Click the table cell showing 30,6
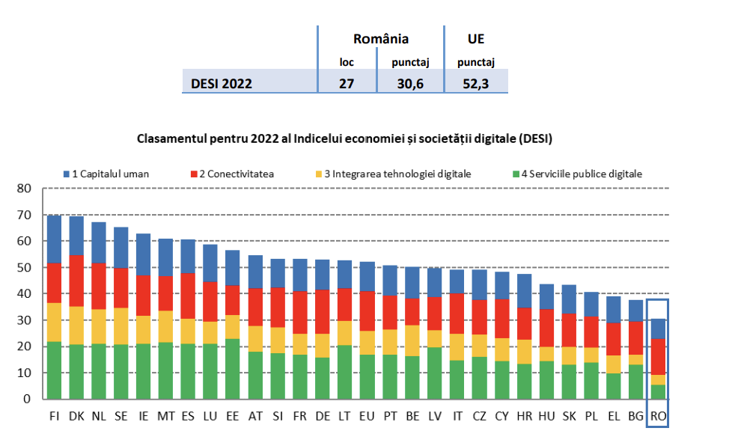(x=411, y=83)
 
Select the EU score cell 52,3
(x=476, y=83)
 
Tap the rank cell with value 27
(x=347, y=83)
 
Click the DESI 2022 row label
(x=222, y=83)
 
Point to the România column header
(x=381, y=39)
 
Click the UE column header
(x=476, y=39)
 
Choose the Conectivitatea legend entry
(x=231, y=174)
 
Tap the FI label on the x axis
(x=54, y=414)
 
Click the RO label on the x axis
(x=658, y=414)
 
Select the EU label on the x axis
(x=367, y=414)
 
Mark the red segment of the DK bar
(x=76, y=281)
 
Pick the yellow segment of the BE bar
(x=412, y=340)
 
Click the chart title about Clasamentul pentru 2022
(x=350, y=139)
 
